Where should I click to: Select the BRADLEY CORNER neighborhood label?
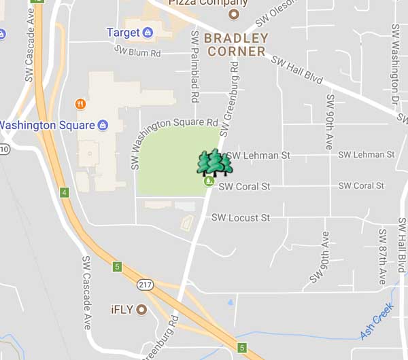236,45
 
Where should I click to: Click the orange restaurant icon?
80,104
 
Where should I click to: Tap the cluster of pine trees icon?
214,163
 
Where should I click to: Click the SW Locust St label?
240,218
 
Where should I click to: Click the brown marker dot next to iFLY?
141,310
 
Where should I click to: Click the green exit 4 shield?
65,192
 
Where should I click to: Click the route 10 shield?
3,149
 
